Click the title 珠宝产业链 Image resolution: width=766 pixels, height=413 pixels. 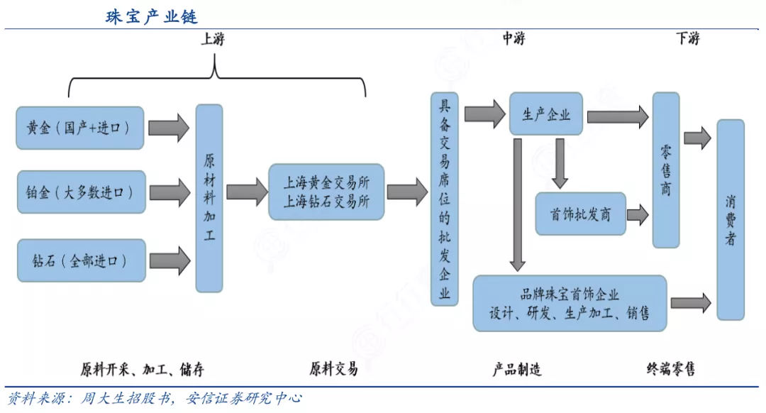[x=152, y=16]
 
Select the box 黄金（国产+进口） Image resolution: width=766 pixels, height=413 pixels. [x=79, y=128]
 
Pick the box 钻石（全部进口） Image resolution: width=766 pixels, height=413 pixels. [x=79, y=260]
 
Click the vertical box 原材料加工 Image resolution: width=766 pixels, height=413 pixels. [x=209, y=198]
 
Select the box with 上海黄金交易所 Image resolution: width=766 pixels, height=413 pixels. [x=326, y=192]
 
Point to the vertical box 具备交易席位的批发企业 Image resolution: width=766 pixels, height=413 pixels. [x=444, y=199]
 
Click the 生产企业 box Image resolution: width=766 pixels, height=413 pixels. [x=545, y=114]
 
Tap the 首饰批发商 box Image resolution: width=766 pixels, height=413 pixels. [x=580, y=214]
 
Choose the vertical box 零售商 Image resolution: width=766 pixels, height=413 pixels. [x=665, y=170]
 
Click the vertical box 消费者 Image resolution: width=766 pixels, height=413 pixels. [x=730, y=219]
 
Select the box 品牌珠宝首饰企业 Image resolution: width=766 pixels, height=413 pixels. [x=570, y=303]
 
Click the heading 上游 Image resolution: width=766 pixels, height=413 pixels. [x=213, y=39]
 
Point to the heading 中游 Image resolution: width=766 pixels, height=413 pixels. [x=514, y=39]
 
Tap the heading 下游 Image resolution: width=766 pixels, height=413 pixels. [x=687, y=39]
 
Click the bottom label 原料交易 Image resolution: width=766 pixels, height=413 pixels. [x=333, y=369]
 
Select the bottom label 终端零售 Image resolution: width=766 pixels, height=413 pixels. [x=670, y=369]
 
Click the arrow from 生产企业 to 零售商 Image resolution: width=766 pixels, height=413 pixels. [x=617, y=115]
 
